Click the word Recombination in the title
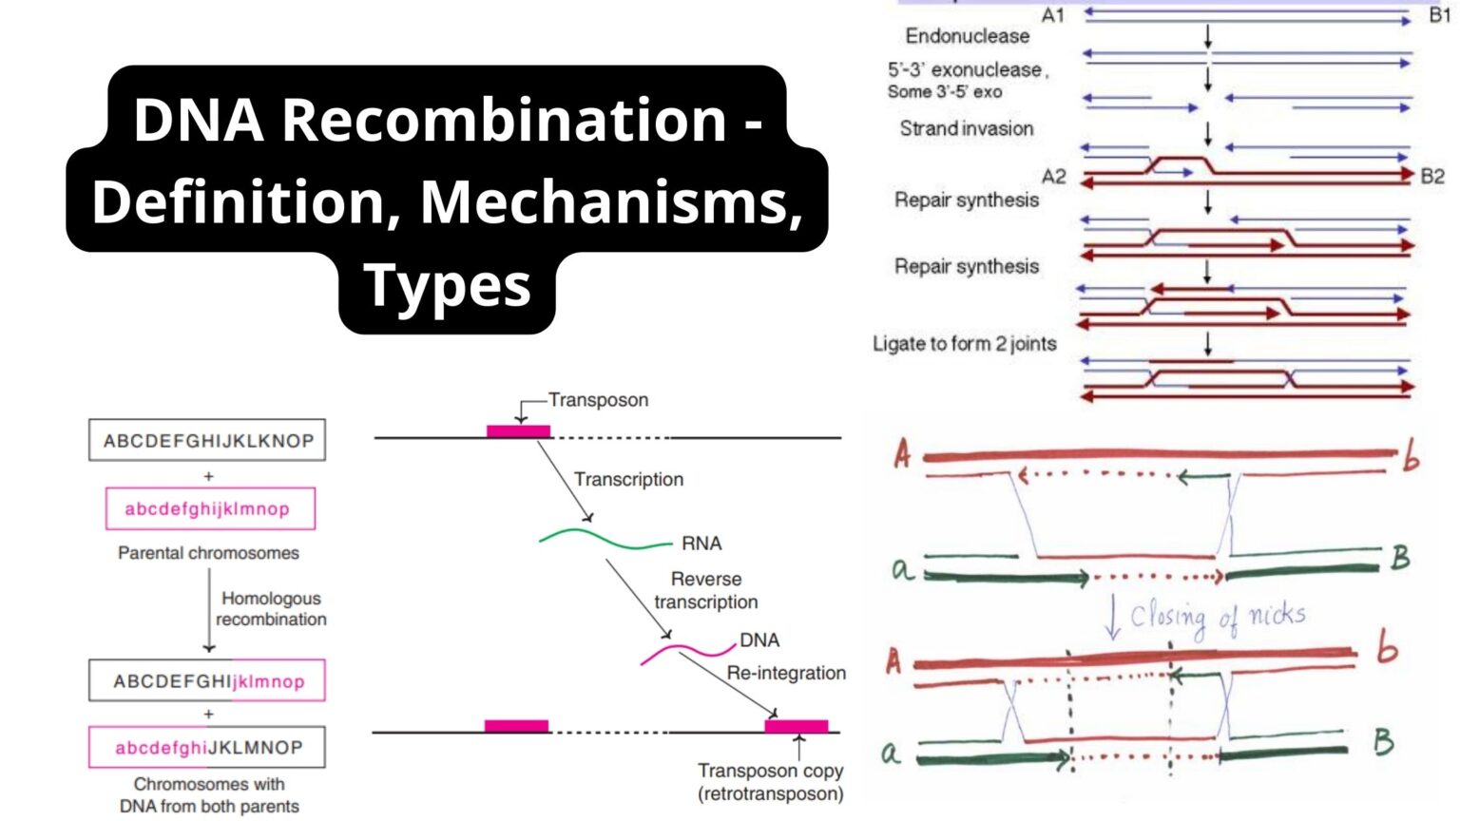tap(504, 120)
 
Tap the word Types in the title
tap(447, 285)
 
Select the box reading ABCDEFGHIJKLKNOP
tap(207, 441)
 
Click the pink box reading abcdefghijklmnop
tap(209, 508)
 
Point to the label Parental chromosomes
tap(208, 553)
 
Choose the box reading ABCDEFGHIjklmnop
tap(207, 680)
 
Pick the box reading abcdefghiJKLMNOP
tap(207, 748)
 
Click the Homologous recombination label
tap(271, 608)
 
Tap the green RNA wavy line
tap(605, 540)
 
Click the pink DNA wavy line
tap(687, 652)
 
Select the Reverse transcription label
tap(706, 590)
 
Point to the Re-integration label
tap(786, 673)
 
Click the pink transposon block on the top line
tap(518, 431)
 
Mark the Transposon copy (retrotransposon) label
tap(770, 781)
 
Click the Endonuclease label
tap(967, 36)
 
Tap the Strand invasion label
tap(967, 128)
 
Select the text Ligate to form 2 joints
tap(964, 344)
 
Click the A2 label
tap(1053, 177)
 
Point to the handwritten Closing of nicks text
tap(1217, 618)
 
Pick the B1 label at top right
tap(1439, 16)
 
